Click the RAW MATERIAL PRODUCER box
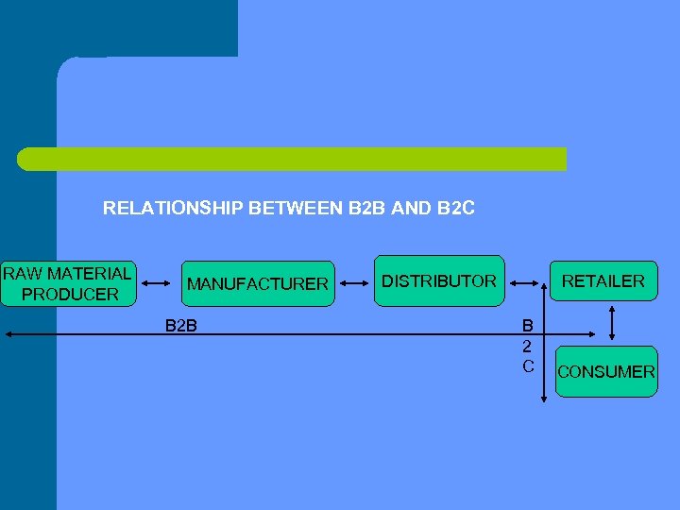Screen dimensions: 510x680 68,284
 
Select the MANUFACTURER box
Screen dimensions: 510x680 258,283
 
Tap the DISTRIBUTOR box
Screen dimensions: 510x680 438,280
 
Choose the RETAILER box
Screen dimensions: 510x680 603,280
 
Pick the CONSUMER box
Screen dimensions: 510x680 605,371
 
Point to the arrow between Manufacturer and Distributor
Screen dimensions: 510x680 354,282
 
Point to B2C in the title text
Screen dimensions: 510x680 456,208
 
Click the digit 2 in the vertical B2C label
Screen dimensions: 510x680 528,346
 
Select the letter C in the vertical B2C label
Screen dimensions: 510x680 528,365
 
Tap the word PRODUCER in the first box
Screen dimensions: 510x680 70,295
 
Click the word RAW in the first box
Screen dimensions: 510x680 22,274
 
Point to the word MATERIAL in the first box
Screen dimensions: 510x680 89,274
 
